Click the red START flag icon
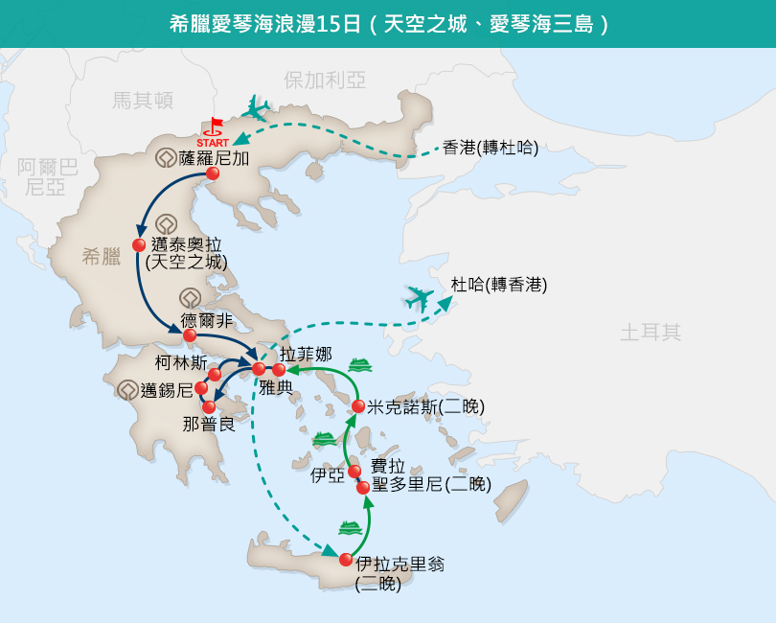click(215, 127)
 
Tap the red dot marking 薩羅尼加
click(213, 173)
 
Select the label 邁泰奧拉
click(186, 244)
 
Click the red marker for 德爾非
click(190, 335)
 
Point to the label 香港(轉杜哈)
click(491, 148)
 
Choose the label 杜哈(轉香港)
click(499, 285)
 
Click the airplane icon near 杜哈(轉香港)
click(420, 299)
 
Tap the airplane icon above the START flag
click(257, 108)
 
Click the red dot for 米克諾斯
click(358, 406)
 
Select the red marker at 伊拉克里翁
click(346, 560)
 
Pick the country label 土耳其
click(650, 333)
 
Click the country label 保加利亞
click(325, 81)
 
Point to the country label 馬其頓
click(143, 101)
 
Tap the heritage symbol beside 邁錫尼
click(127, 390)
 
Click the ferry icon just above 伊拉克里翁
click(351, 528)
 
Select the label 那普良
click(209, 425)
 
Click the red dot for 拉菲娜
click(279, 369)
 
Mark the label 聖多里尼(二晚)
click(431, 484)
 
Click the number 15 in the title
click(327, 24)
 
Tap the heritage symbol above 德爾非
click(190, 299)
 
